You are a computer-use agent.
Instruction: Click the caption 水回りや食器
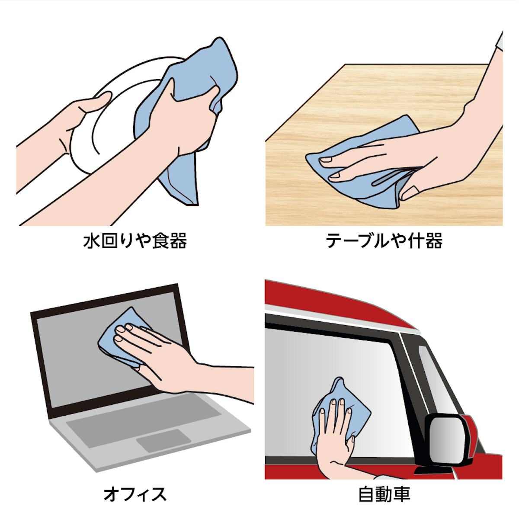pos(135,240)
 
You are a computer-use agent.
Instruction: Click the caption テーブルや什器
pos(384,240)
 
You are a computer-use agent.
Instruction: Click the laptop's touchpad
pos(163,441)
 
